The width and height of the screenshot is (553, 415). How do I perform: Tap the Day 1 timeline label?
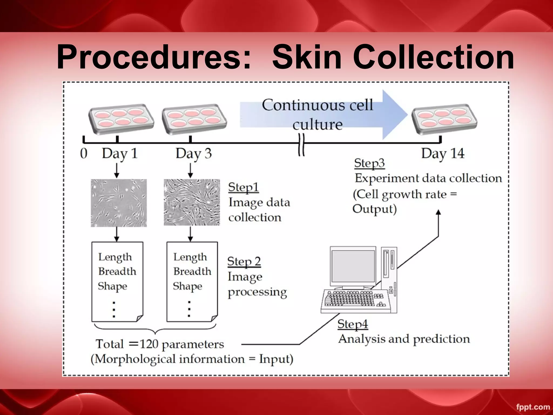120,154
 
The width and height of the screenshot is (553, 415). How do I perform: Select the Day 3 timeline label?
193,154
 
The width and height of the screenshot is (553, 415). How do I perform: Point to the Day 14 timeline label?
443,154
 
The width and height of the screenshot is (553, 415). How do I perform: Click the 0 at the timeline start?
84,153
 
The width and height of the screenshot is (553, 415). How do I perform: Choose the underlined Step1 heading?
243,187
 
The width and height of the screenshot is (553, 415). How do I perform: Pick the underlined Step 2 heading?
244,262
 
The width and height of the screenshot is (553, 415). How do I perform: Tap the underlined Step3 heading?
369,163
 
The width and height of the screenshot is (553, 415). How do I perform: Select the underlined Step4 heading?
353,324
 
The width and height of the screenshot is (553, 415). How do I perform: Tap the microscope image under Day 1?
119,203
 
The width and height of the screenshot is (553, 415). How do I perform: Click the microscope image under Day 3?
192,202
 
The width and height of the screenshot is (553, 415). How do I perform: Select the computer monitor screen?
353,266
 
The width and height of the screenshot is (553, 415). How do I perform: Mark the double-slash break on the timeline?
302,145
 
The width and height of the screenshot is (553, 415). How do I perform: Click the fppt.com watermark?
533,407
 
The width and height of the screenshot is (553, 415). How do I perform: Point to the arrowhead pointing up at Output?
439,212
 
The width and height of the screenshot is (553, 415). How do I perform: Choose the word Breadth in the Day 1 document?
117,271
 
